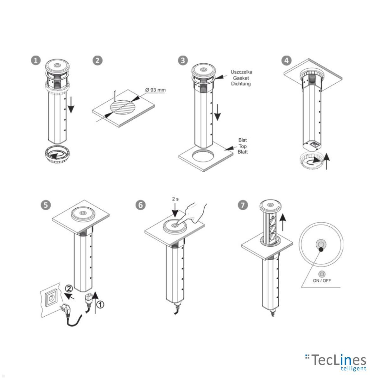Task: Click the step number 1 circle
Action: pos(36,60)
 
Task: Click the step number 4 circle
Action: pos(286,60)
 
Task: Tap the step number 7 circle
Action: pos(243,205)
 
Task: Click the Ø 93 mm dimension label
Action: pos(155,90)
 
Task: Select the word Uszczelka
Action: pos(241,72)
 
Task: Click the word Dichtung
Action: pos(241,84)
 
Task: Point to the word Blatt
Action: pos(243,152)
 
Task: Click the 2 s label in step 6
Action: pos(175,199)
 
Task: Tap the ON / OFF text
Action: pos(322,281)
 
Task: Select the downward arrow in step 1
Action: pos(71,105)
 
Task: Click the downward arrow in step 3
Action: pos(217,112)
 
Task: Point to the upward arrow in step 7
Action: pos(283,222)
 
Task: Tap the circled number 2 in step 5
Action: pos(69,289)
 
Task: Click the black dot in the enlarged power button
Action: pos(321,250)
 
